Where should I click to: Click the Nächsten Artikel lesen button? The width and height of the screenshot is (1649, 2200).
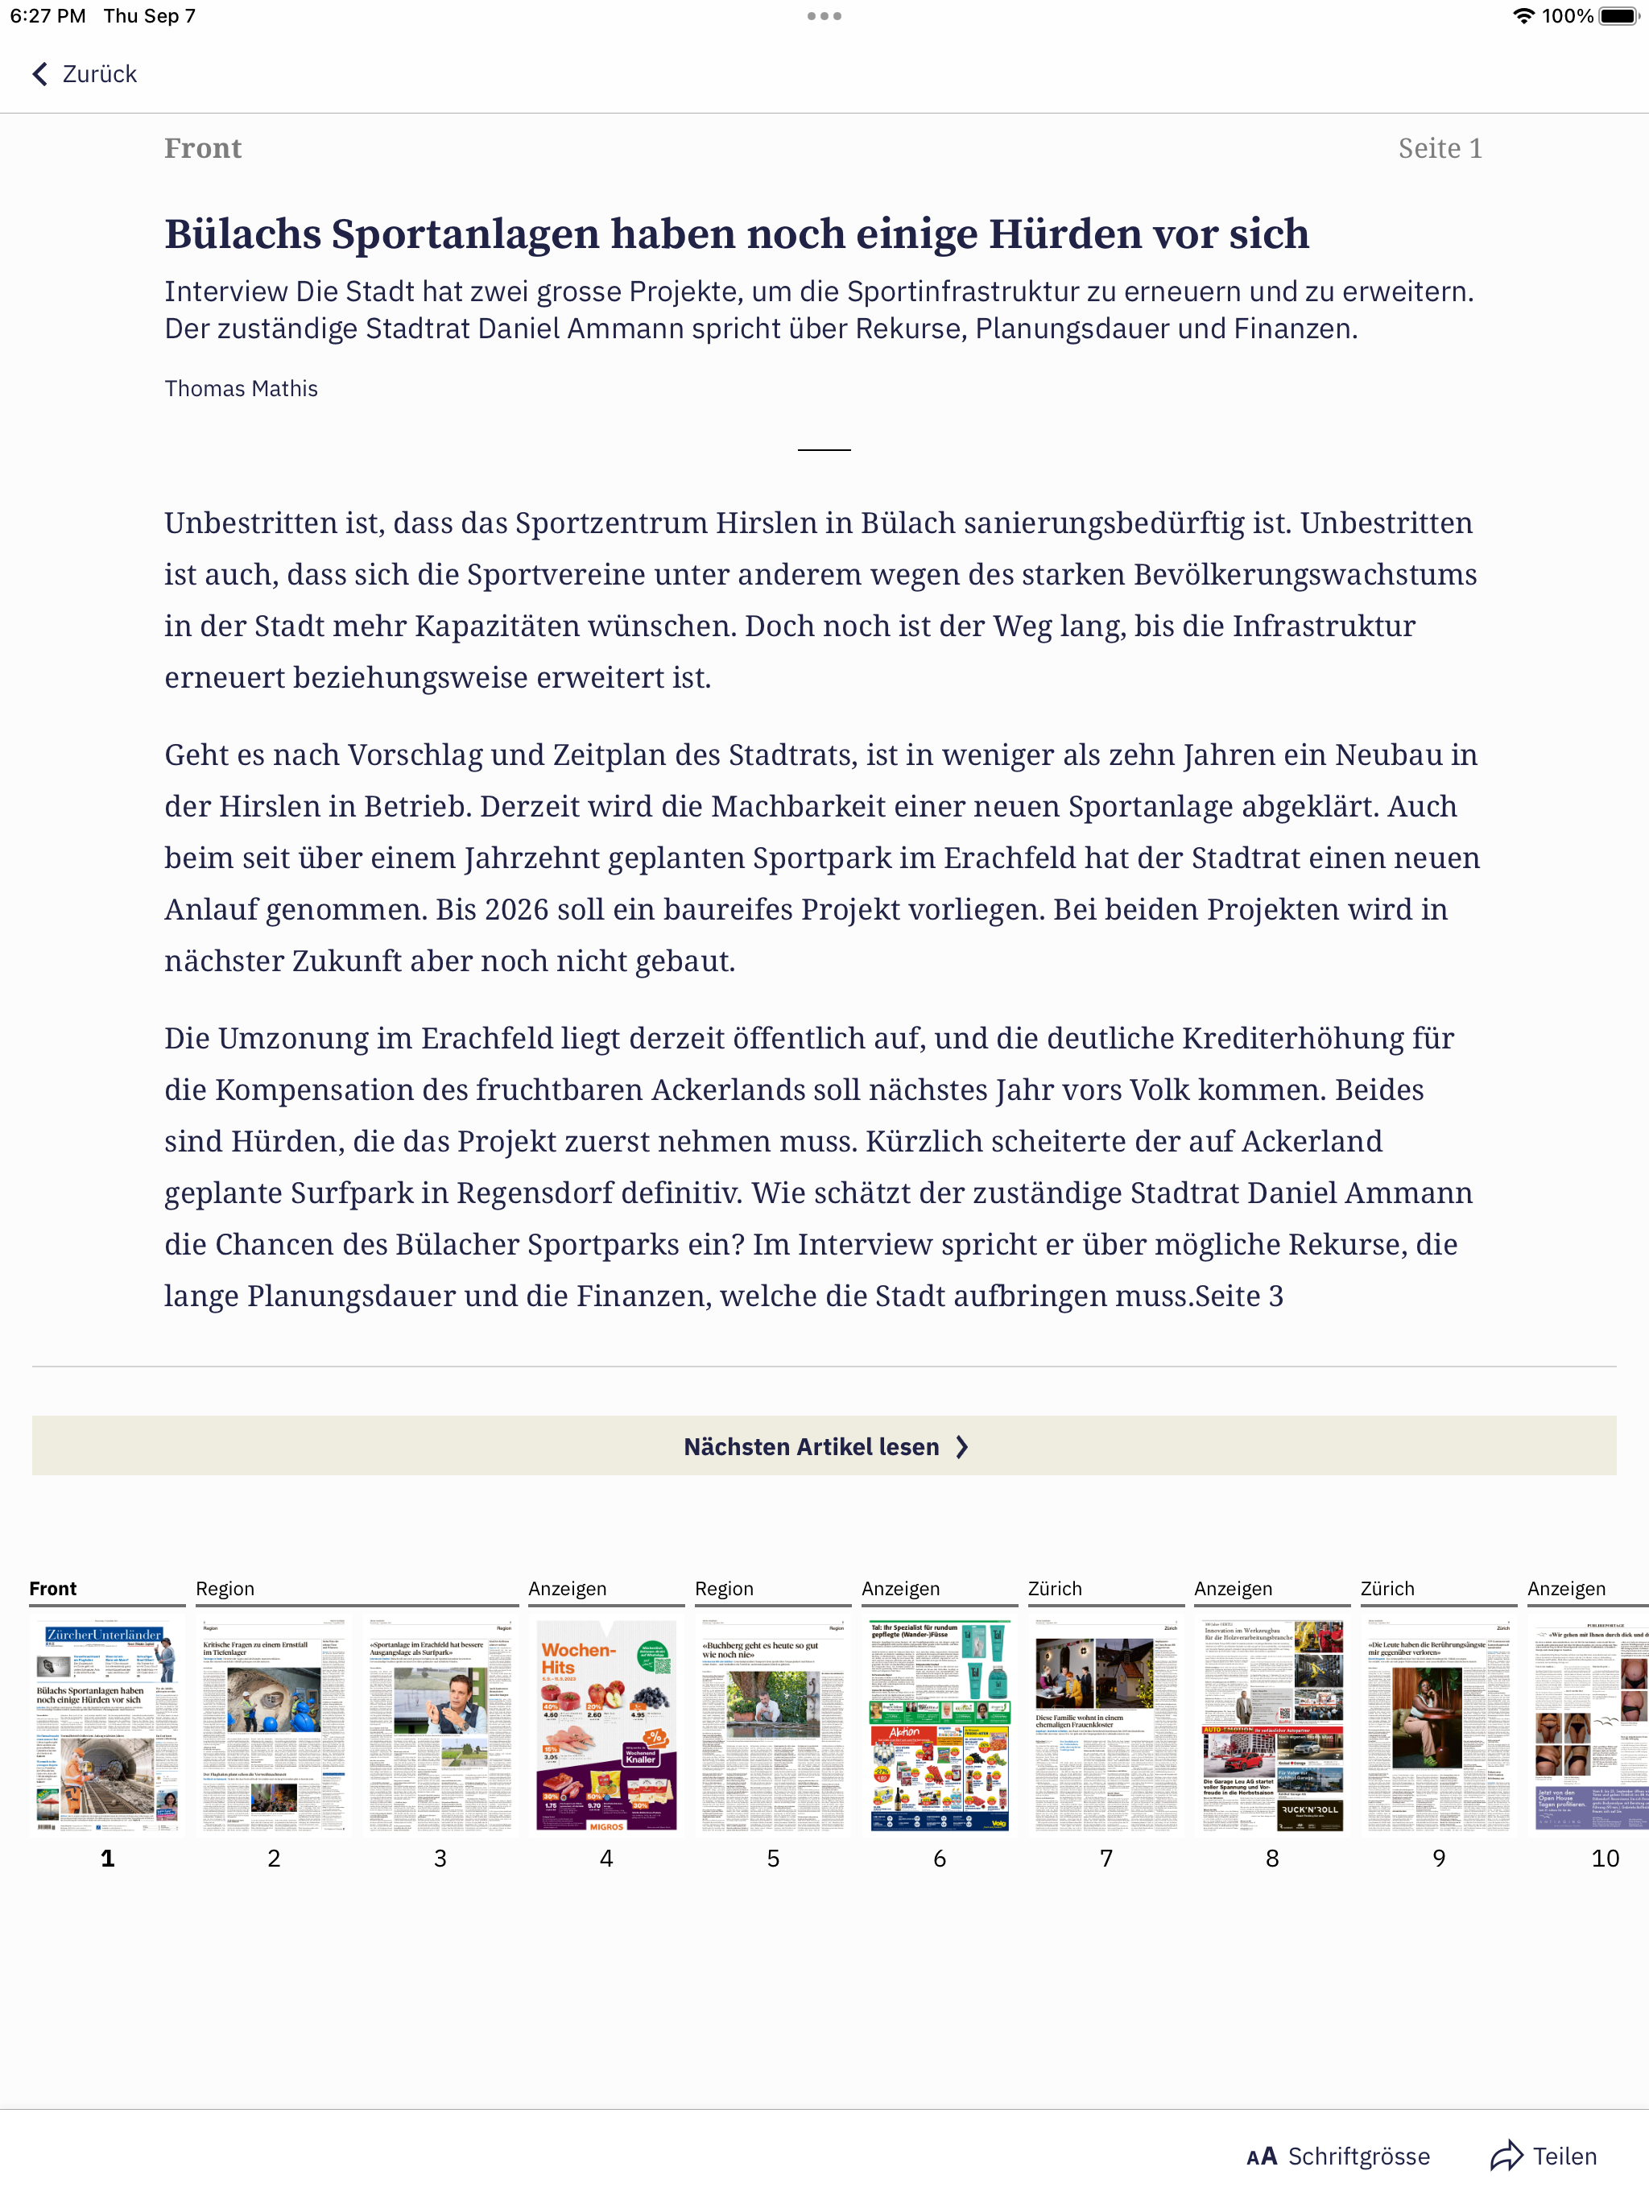[x=824, y=1446]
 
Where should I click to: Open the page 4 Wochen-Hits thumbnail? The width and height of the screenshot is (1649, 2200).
[x=605, y=1726]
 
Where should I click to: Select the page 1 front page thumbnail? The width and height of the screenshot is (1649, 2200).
[x=107, y=1726]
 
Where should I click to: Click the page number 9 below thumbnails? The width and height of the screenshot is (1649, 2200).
[x=1438, y=1858]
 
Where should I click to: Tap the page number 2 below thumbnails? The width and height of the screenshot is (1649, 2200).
[x=274, y=1858]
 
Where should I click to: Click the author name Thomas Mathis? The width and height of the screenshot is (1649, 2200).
[x=241, y=389]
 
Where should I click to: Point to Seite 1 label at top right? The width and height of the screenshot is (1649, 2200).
[x=1439, y=148]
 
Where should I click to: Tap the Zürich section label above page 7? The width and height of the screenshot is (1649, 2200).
[x=1054, y=1588]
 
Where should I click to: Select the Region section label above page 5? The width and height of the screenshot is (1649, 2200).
[x=724, y=1588]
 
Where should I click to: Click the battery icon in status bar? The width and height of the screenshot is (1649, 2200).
[x=1618, y=16]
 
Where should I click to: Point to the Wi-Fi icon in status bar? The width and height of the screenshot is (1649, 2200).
[x=1523, y=16]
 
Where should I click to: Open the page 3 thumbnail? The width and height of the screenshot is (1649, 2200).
[x=440, y=1726]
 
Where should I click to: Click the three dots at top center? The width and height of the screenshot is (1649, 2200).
[x=824, y=16]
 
